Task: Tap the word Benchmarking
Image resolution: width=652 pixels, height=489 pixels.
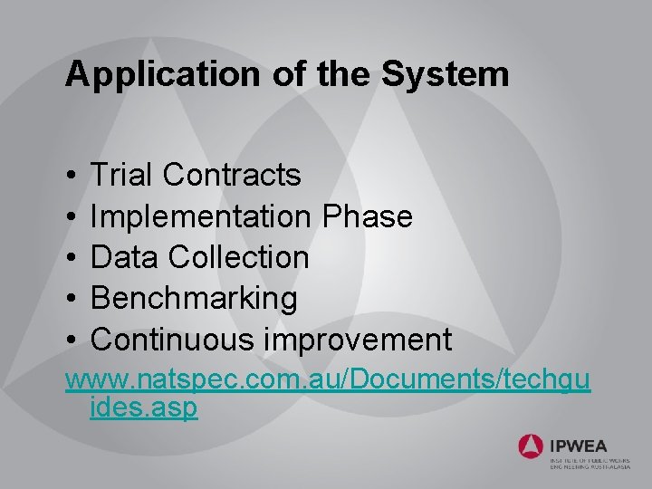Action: point(194,298)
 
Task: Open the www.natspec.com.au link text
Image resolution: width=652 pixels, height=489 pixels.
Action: point(327,380)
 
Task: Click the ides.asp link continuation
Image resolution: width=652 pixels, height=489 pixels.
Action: point(144,407)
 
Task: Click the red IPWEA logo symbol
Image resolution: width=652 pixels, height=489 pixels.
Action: point(531,446)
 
